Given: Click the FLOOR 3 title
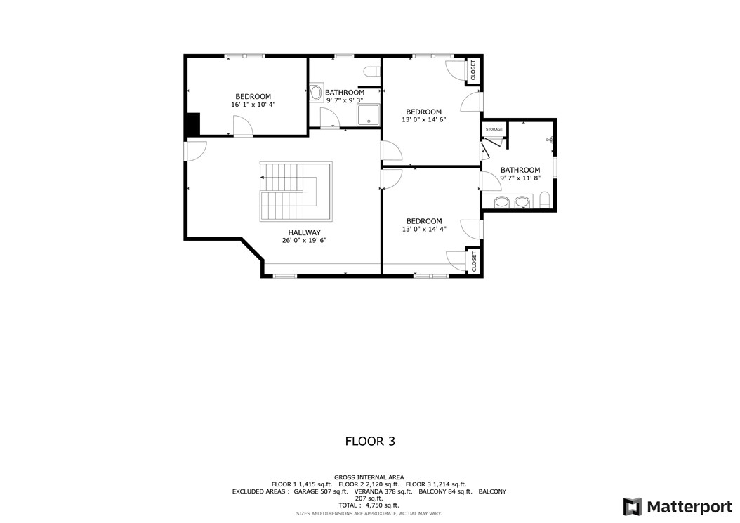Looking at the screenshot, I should click(369, 442).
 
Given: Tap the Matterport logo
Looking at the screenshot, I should click(677, 507).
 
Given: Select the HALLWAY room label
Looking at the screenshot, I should click(304, 232).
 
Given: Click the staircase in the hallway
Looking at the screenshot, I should click(296, 192).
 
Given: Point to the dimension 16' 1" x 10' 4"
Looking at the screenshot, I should click(253, 105).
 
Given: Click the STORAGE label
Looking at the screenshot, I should click(494, 130).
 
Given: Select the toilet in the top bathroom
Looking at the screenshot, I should click(372, 71).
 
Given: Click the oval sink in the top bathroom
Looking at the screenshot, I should click(317, 93).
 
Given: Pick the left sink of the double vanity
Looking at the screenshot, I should click(502, 203).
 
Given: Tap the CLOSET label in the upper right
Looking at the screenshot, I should click(473, 70).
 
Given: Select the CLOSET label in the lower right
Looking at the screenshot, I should click(474, 261).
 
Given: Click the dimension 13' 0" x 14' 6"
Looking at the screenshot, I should click(423, 119).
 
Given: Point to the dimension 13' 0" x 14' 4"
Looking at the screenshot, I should click(423, 229).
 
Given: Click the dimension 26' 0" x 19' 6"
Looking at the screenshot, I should click(304, 240).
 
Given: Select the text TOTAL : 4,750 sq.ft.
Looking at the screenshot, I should click(369, 505).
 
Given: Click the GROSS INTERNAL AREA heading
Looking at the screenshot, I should click(369, 477).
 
